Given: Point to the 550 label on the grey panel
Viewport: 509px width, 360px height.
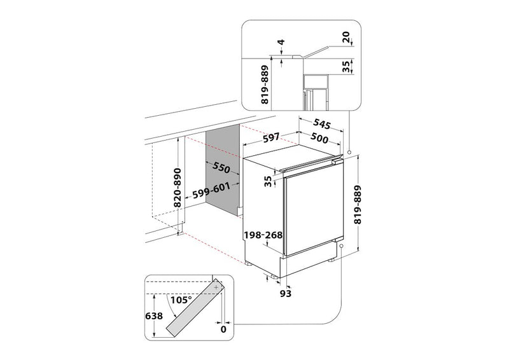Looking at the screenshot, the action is point(221,168).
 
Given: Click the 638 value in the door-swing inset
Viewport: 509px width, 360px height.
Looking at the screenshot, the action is point(153,315).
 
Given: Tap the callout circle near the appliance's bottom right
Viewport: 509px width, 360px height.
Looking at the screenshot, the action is point(342,245).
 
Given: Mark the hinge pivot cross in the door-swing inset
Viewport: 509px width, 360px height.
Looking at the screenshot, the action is point(217,287).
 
